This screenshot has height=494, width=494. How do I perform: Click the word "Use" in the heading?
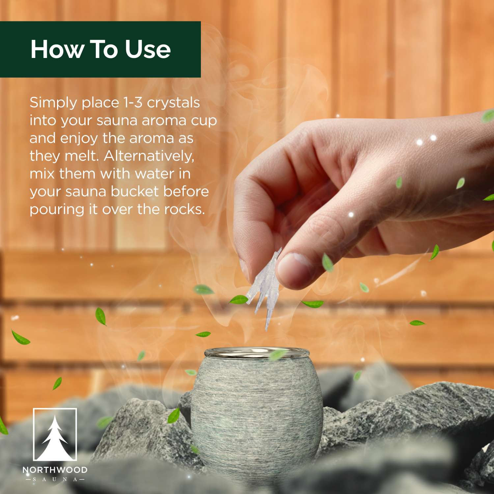point(148,49)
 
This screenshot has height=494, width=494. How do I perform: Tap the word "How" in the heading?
point(57,49)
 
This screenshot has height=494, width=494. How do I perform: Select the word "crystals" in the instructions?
point(173,103)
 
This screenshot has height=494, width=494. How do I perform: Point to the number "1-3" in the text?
point(133,102)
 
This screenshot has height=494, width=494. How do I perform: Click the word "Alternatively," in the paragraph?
point(149,156)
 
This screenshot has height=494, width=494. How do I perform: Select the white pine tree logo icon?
point(55,435)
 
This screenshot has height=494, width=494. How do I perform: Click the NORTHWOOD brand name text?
point(55,470)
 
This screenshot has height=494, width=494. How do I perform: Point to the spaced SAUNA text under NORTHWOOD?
point(55,479)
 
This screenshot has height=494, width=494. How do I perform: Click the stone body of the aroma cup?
point(257,412)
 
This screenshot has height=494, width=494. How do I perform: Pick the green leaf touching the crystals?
point(239,300)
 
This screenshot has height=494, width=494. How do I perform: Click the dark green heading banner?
point(100,49)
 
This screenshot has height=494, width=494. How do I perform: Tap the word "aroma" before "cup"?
point(162,121)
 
